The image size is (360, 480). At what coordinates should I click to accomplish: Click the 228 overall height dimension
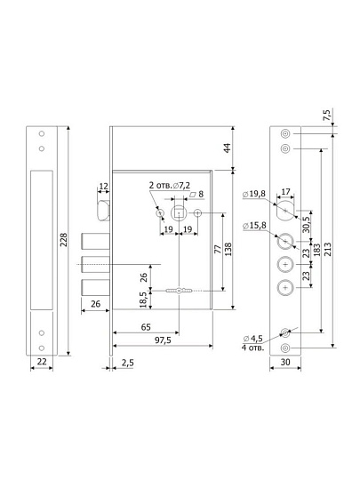pyautogui.click(x=63, y=240)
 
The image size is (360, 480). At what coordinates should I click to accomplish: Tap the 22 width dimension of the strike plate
pyautogui.click(x=42, y=362)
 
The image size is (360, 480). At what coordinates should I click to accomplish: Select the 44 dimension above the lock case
pyautogui.click(x=228, y=148)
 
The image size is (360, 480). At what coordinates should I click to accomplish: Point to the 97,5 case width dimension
pyautogui.click(x=163, y=340)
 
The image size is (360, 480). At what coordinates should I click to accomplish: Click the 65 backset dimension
pyautogui.click(x=146, y=327)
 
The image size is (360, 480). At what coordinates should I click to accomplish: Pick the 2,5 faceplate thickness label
pyautogui.click(x=127, y=363)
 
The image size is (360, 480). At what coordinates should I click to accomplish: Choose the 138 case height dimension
pyautogui.click(x=228, y=249)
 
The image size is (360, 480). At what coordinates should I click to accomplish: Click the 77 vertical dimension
pyautogui.click(x=218, y=249)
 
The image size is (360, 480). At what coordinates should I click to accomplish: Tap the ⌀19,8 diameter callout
pyautogui.click(x=253, y=194)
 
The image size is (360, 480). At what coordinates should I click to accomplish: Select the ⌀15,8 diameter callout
pyautogui.click(x=254, y=226)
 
